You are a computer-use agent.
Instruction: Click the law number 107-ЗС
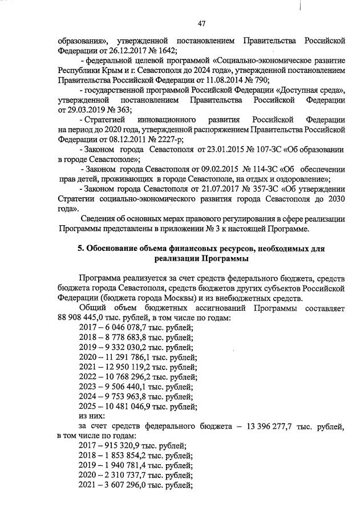click(x=259, y=149)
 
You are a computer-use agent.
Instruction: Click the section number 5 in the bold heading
click(x=80, y=248)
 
